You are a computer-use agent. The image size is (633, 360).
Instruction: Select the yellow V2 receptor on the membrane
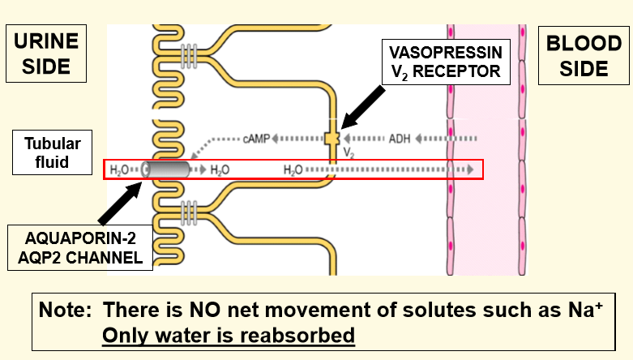click(331, 139)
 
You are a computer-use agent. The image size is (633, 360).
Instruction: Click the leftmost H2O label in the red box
click(120, 170)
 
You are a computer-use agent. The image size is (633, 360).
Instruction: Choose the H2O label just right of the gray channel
click(220, 170)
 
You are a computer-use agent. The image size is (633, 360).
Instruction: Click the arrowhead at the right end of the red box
click(469, 169)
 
